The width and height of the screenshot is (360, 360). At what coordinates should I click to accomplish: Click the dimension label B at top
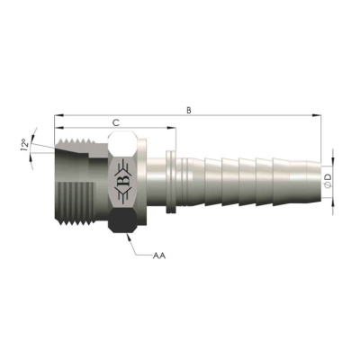[188, 110]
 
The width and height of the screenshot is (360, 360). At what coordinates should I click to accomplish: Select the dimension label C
[116, 122]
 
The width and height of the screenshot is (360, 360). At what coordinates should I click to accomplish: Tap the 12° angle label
[25, 144]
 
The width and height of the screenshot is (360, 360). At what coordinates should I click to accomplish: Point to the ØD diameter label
[328, 181]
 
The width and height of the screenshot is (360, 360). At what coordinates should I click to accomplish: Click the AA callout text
[159, 256]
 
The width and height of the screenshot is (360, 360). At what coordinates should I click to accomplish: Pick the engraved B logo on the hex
[123, 181]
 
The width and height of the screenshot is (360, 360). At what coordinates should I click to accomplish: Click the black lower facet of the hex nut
[123, 220]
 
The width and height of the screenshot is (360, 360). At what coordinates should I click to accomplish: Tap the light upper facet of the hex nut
[123, 143]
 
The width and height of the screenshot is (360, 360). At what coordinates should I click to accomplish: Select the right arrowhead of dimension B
[317, 115]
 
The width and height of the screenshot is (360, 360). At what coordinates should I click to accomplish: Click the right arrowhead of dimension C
[172, 128]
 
